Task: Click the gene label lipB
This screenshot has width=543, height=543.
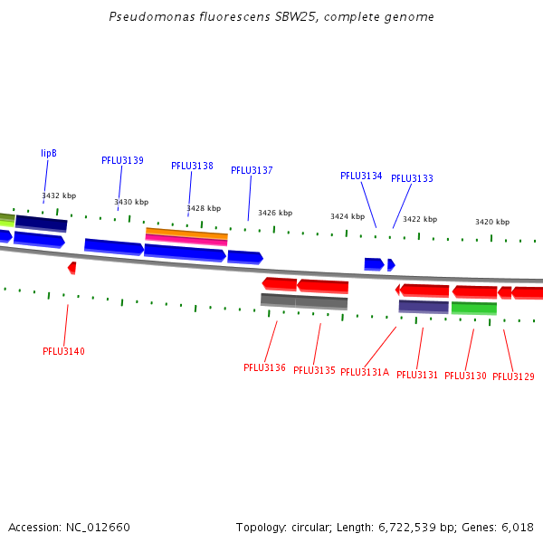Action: coord(49,154)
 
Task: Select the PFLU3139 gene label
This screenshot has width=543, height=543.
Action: coord(122,160)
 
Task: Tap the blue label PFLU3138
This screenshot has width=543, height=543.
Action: coord(192,167)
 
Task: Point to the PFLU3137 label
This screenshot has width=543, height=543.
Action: coord(252,170)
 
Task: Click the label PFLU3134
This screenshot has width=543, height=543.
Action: coord(361,176)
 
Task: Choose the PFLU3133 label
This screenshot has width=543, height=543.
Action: coord(412,179)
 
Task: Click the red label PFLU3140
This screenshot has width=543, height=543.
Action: coord(63,351)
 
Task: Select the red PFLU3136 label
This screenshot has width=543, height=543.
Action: coord(264,367)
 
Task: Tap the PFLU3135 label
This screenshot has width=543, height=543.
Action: coord(314,370)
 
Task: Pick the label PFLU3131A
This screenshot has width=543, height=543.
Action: coord(365,372)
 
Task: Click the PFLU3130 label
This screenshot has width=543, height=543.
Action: coord(465,376)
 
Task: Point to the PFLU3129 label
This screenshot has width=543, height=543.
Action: coord(513,376)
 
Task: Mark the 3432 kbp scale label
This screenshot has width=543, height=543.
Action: coord(59,195)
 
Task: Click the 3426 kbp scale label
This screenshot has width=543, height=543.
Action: coord(275,214)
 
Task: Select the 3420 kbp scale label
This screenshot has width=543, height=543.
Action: coord(492,222)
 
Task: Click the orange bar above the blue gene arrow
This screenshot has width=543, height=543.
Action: coord(186,233)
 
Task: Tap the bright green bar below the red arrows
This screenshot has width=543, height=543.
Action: coord(473,308)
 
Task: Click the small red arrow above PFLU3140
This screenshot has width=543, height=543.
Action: coord(72,268)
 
